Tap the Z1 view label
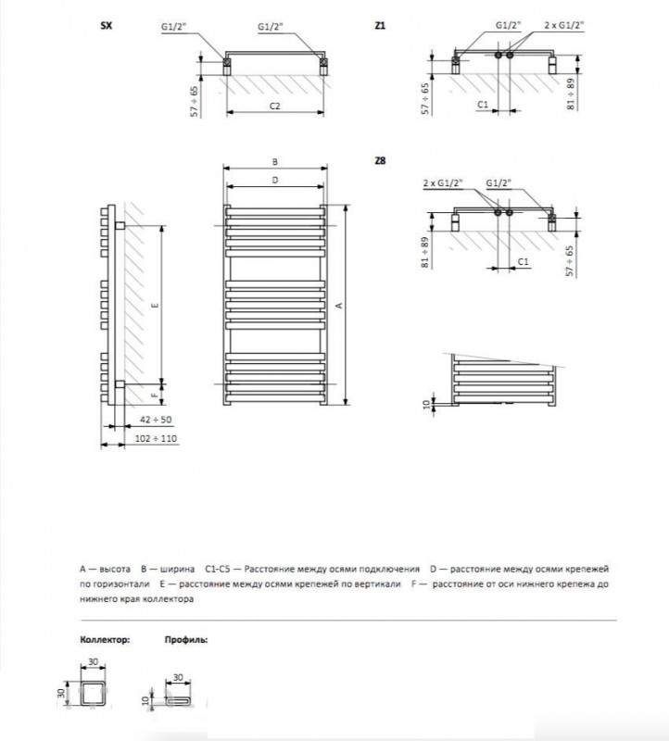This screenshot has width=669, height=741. (x=380, y=28)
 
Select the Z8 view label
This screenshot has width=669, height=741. (x=380, y=161)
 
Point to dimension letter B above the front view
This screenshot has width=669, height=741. (x=275, y=160)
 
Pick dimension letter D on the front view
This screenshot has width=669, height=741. (x=275, y=180)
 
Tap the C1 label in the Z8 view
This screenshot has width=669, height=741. (x=523, y=262)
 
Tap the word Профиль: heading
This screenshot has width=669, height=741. (x=186, y=639)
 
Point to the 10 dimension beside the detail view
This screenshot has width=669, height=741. (x=426, y=403)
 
